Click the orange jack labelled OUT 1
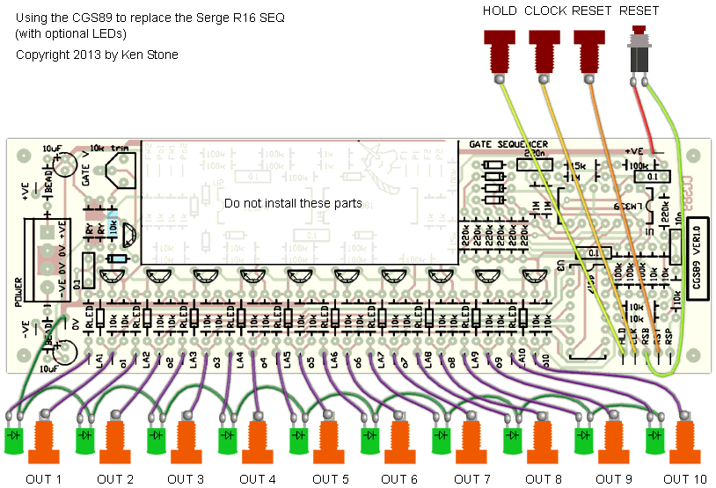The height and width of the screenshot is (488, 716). [45, 443]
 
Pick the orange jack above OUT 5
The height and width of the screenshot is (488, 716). [331, 443]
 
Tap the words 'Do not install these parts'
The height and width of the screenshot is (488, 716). [293, 203]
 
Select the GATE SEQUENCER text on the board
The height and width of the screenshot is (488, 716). [508, 144]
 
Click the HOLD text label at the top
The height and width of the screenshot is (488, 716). [500, 11]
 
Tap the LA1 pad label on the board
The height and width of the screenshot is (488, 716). [96, 360]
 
